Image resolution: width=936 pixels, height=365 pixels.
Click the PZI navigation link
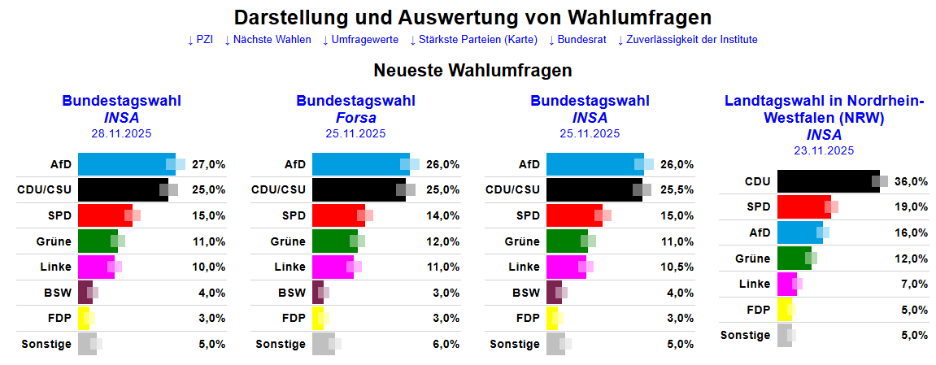(x=200, y=40)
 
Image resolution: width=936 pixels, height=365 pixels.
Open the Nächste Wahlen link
(x=268, y=40)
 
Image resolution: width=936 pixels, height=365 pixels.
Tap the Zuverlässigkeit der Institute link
(x=687, y=40)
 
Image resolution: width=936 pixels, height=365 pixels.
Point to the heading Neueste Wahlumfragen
(x=472, y=71)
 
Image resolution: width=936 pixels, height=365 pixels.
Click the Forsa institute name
(x=355, y=118)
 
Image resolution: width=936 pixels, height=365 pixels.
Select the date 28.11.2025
(x=121, y=134)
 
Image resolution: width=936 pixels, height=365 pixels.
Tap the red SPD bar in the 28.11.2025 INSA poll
(x=104, y=215)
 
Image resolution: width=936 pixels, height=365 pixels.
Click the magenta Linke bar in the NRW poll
(x=786, y=284)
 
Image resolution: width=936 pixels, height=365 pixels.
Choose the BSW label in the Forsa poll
(x=292, y=293)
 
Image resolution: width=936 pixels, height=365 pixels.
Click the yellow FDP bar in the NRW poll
(x=784, y=310)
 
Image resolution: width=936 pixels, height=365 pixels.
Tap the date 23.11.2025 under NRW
(x=824, y=150)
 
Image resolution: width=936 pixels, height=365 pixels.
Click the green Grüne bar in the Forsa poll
(x=334, y=241)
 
